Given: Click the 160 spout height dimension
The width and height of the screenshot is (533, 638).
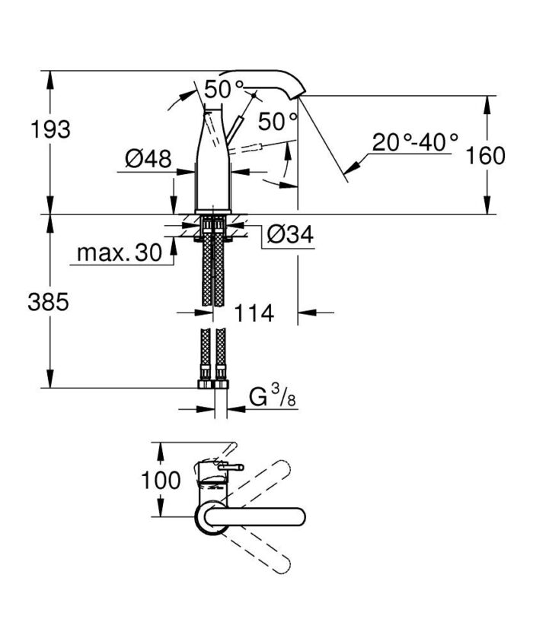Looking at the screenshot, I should pyautogui.click(x=486, y=156).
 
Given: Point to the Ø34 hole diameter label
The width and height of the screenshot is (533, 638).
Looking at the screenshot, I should pyautogui.click(x=289, y=235).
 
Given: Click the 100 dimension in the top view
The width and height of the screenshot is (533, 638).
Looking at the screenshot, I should pyautogui.click(x=161, y=481).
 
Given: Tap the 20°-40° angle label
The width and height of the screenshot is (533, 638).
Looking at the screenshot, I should pyautogui.click(x=416, y=141).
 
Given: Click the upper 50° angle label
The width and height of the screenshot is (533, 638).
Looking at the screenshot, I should pyautogui.click(x=224, y=89).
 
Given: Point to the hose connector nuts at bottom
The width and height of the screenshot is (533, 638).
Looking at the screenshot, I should pyautogui.click(x=212, y=381).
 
